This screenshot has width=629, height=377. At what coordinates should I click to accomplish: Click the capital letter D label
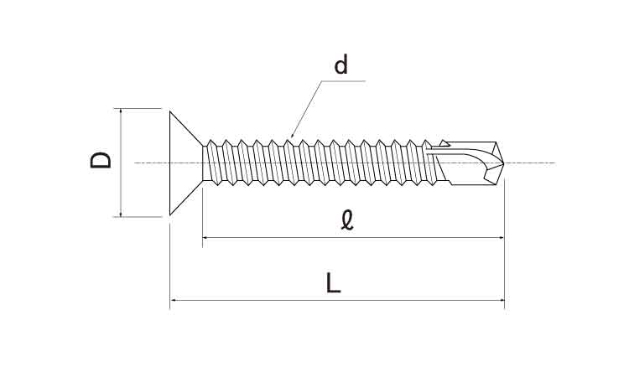pyautogui.click(x=101, y=161)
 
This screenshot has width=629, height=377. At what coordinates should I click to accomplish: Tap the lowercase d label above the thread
pyautogui.click(x=340, y=65)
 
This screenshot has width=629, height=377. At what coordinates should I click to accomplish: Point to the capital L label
pyautogui.click(x=334, y=283)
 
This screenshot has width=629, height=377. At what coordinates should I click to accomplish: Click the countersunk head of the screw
pyautogui.click(x=185, y=163)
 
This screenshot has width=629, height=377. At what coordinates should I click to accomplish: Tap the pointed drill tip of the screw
pyautogui.click(x=501, y=163)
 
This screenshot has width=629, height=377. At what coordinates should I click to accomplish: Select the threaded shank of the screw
pyautogui.click(x=319, y=162)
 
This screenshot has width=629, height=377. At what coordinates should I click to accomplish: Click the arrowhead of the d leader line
pyautogui.click(x=290, y=135)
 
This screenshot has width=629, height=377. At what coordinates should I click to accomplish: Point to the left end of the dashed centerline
pyautogui.click(x=137, y=163)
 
